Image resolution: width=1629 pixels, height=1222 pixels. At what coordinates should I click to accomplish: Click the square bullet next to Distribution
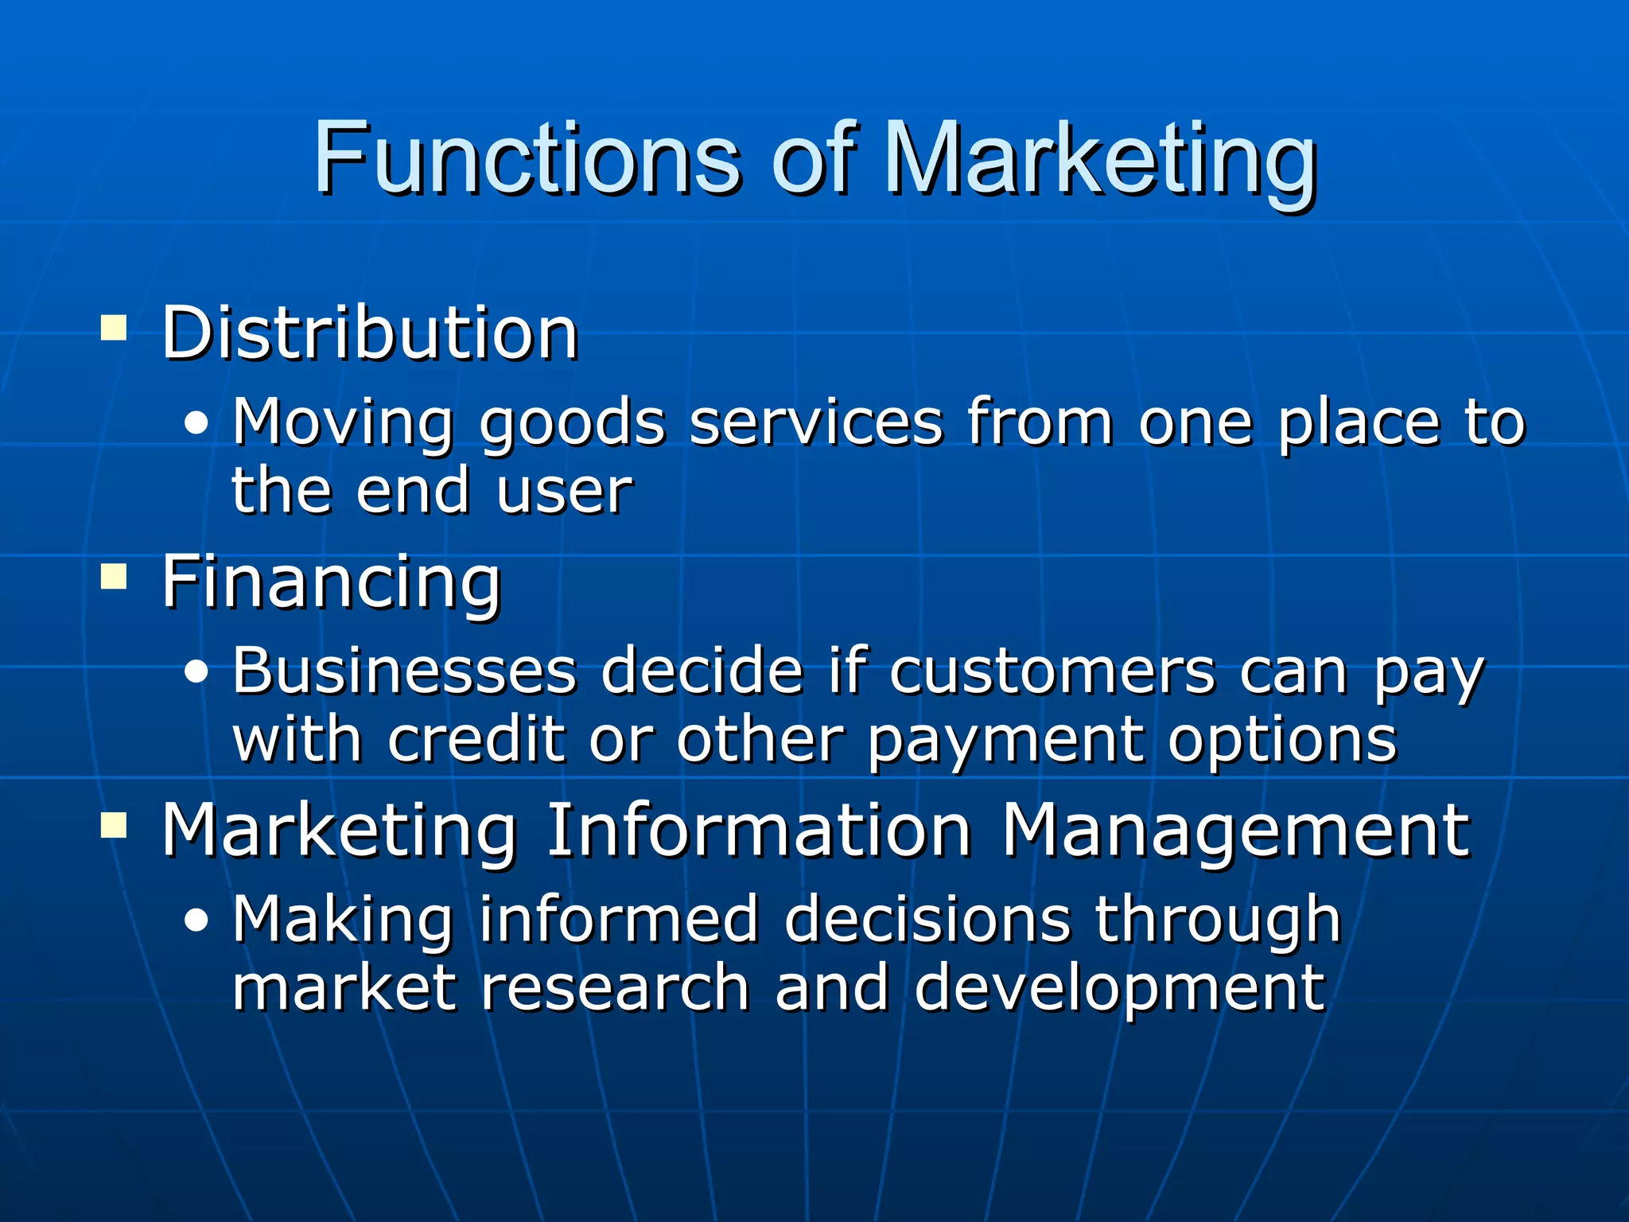[114, 327]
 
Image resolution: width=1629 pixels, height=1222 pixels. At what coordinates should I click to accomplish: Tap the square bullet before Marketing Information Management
[114, 825]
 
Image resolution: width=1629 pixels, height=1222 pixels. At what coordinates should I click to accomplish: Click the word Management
[1235, 831]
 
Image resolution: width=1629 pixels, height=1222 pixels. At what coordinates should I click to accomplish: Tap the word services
[815, 422]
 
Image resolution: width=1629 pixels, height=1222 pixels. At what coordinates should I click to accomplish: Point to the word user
[564, 491]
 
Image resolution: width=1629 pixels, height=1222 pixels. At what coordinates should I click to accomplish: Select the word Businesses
[404, 671]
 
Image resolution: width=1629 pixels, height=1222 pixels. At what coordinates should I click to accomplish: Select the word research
[615, 989]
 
